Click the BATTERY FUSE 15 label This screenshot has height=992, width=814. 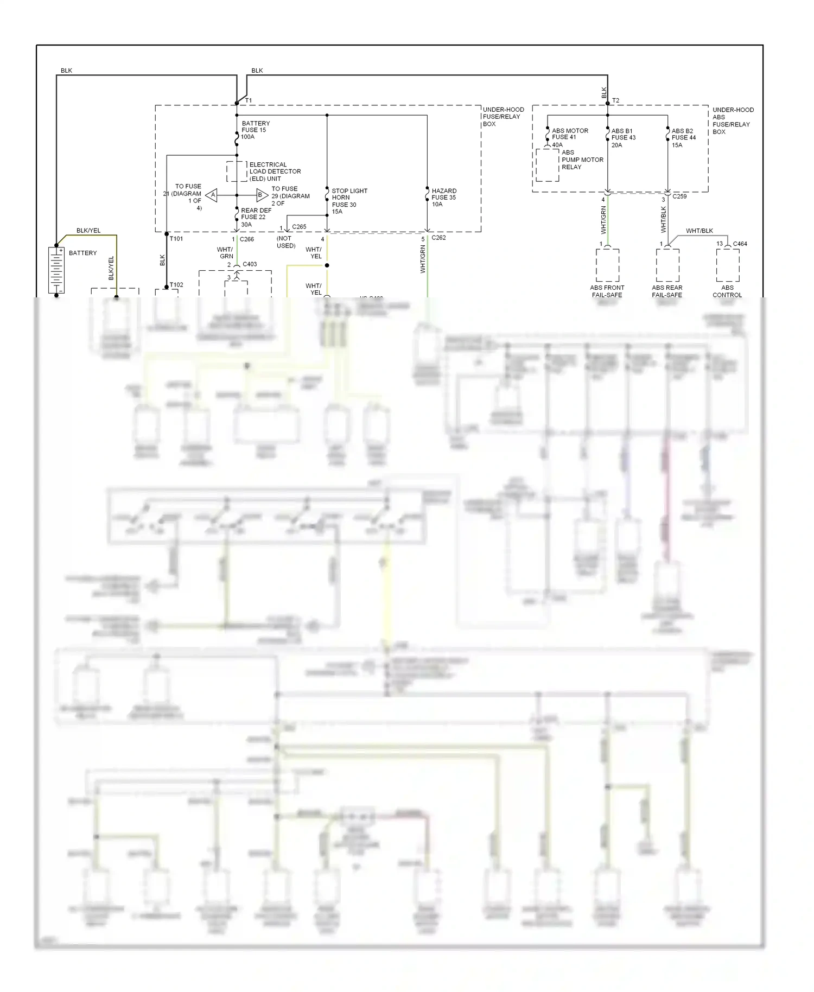click(x=255, y=130)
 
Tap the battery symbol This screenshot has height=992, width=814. click(x=56, y=270)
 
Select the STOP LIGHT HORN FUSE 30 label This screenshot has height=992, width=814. click(x=349, y=201)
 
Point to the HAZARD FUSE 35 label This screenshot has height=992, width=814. click(x=443, y=198)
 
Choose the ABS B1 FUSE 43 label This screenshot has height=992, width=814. click(x=623, y=138)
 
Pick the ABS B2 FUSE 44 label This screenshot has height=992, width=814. click(x=683, y=138)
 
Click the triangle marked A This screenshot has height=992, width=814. click(x=212, y=195)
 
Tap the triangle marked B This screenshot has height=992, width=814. click(x=261, y=195)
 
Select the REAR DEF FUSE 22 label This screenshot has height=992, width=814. click(x=256, y=217)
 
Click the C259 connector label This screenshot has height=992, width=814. click(x=679, y=196)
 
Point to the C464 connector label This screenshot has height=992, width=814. click(x=740, y=244)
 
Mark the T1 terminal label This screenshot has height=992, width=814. click(x=249, y=100)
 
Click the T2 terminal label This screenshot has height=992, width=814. click(x=615, y=100)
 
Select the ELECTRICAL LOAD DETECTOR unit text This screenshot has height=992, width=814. click(x=275, y=171)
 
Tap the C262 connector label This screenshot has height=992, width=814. click(x=438, y=238)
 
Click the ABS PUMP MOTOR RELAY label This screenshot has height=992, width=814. click(x=582, y=160)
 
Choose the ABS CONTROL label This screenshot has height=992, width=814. click(x=727, y=291)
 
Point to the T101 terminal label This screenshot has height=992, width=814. click(x=176, y=239)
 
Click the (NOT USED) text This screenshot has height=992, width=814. click(x=285, y=242)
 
